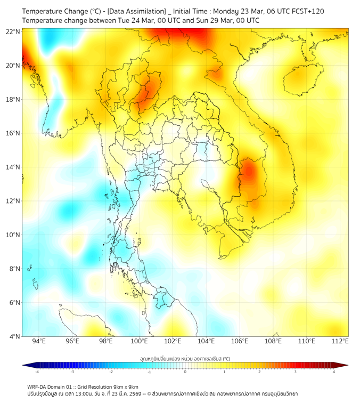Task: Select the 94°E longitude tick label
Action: (x=39, y=341)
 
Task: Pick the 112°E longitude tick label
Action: (x=340, y=341)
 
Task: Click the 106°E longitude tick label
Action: (x=240, y=341)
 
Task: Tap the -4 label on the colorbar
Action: (x=37, y=372)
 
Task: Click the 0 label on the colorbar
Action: (x=185, y=372)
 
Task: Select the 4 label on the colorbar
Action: (x=333, y=372)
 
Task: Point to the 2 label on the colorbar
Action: (x=259, y=372)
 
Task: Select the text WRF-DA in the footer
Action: (x=37, y=386)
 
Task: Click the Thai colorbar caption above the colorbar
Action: (x=185, y=358)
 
